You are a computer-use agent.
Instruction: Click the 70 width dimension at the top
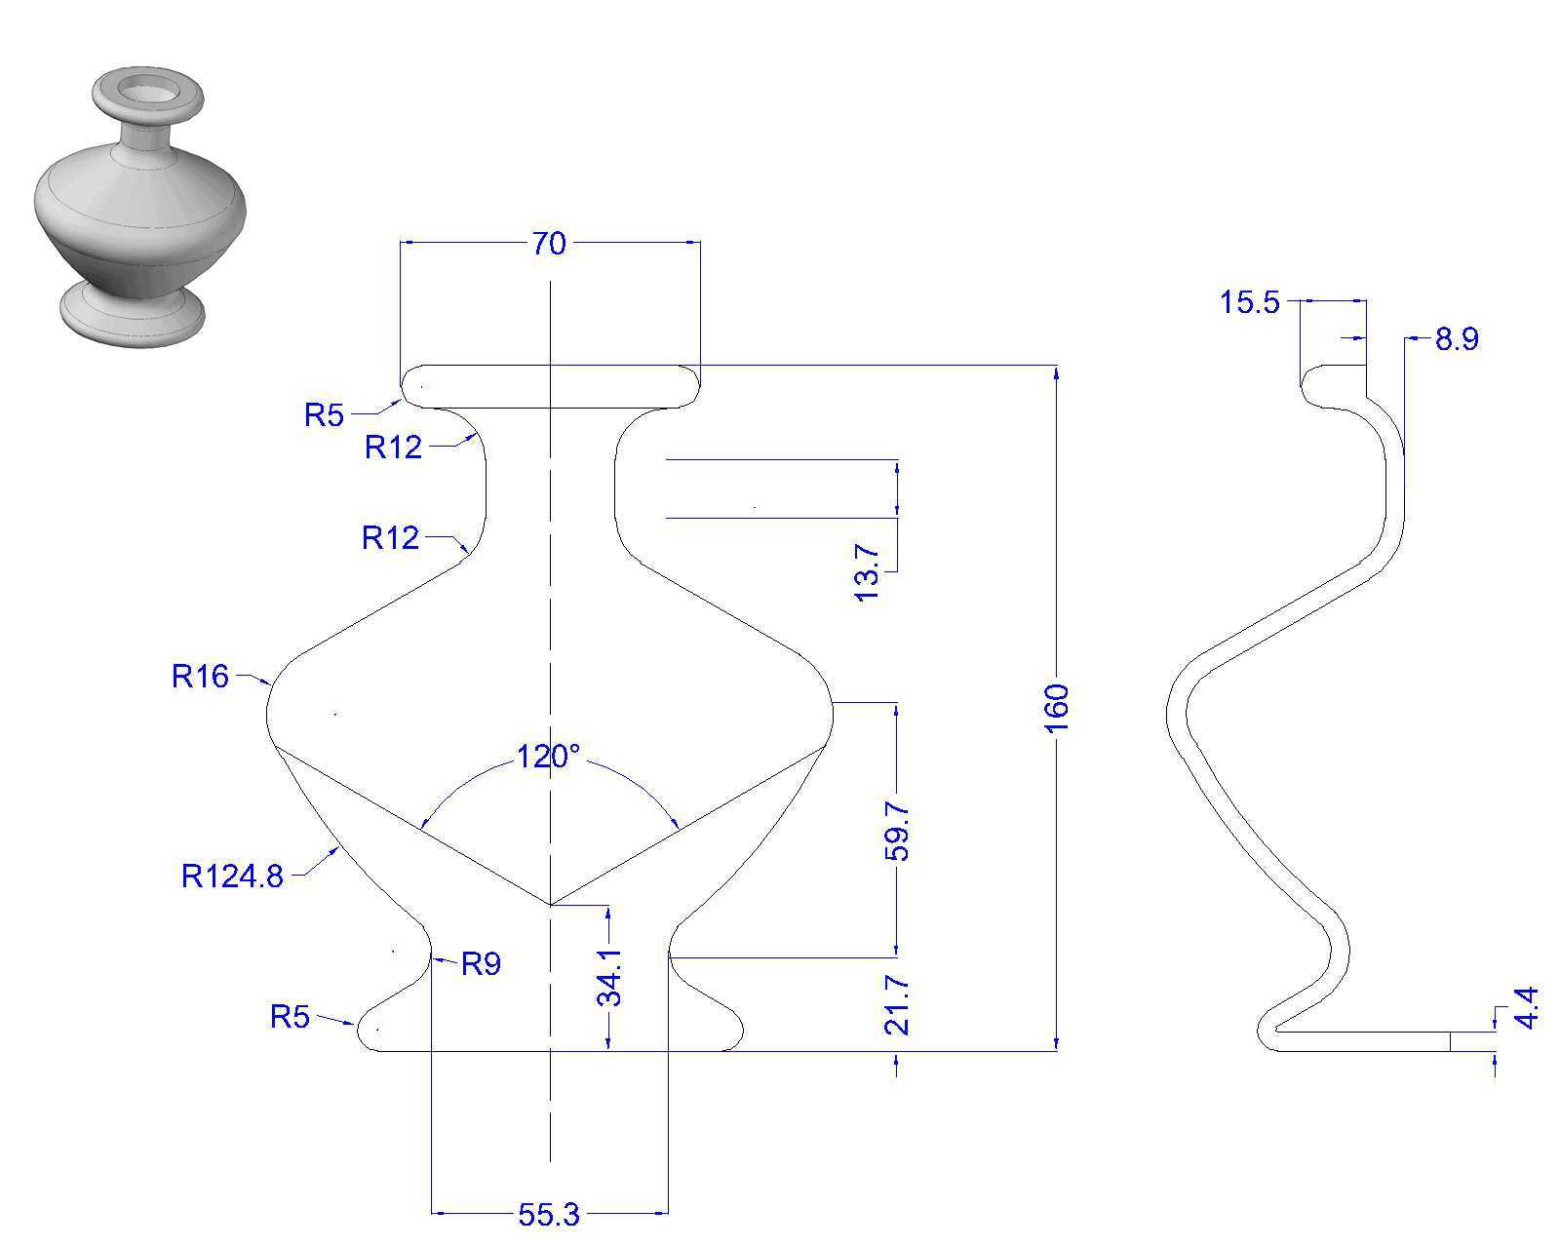click(x=549, y=244)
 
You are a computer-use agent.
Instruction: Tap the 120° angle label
click(x=548, y=757)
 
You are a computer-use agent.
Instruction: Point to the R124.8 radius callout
click(x=232, y=876)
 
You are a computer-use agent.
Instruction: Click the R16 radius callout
click(x=200, y=676)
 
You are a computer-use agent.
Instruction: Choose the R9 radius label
click(x=482, y=963)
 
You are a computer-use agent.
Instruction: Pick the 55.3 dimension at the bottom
click(x=549, y=1215)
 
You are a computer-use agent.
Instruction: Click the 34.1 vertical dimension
click(x=609, y=978)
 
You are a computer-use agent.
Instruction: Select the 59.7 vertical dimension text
click(x=897, y=831)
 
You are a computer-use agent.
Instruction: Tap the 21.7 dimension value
click(x=897, y=1004)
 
